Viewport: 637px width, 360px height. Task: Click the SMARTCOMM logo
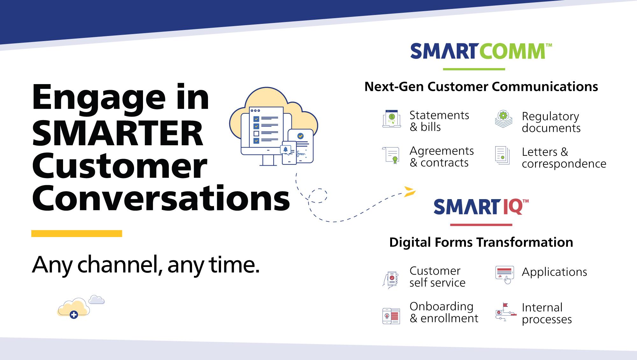click(x=481, y=51)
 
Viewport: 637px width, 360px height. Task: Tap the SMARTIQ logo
click(x=481, y=207)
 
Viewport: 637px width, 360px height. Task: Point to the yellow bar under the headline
click(x=77, y=234)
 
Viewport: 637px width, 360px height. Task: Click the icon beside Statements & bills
click(x=392, y=119)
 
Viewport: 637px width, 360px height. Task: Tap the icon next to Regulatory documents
click(x=504, y=119)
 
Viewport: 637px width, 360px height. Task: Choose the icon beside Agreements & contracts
click(x=391, y=155)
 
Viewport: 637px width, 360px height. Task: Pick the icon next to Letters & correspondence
click(x=502, y=155)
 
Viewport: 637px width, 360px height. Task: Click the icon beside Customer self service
click(x=390, y=280)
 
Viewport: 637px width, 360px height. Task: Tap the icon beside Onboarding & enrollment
click(x=391, y=316)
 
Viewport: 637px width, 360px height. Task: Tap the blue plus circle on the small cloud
click(x=74, y=315)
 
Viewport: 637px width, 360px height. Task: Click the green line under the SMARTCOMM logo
click(x=474, y=69)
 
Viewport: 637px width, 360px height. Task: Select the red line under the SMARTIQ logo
click(x=481, y=225)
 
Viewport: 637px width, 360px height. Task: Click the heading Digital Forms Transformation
click(x=481, y=242)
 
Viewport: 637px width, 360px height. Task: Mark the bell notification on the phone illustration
click(x=285, y=149)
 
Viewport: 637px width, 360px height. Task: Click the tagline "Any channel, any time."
click(x=146, y=265)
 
